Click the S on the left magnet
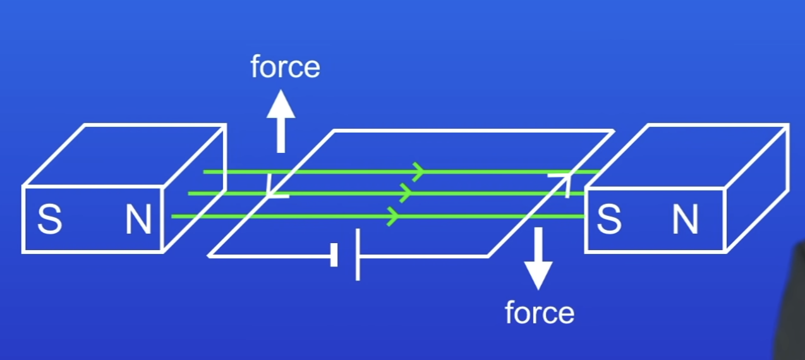pos(50,220)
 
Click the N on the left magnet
pos(138,220)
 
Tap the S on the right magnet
pos(608,220)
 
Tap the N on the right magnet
pos(685,220)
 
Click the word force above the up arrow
pos(285,67)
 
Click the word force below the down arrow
pos(540,313)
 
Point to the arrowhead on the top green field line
pos(418,171)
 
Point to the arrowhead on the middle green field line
pos(406,193)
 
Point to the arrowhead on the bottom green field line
pos(393,216)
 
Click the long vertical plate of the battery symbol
pos(358,255)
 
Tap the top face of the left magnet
pos(124,155)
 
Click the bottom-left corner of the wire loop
pos(210,255)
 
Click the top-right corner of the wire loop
pos(612,131)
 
